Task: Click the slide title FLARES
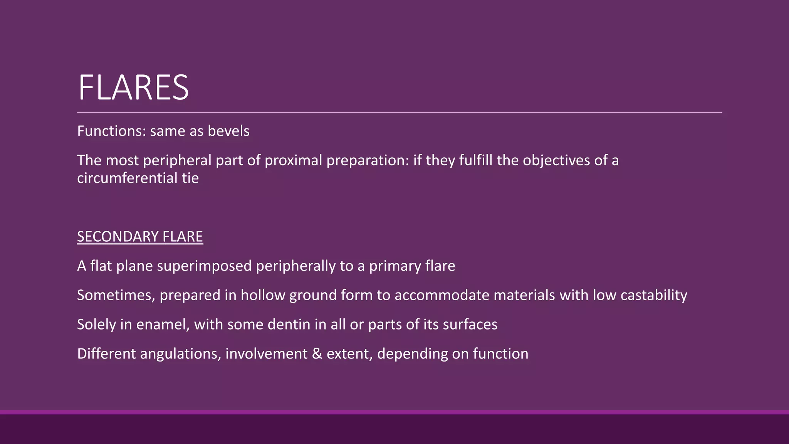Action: [x=133, y=88]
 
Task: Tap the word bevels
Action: [x=228, y=131]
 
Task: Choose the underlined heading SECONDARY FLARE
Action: [x=140, y=237]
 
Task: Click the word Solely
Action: [x=96, y=325]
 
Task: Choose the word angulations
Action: [x=180, y=354]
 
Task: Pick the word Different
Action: [x=106, y=354]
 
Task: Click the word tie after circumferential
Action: [x=190, y=178]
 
